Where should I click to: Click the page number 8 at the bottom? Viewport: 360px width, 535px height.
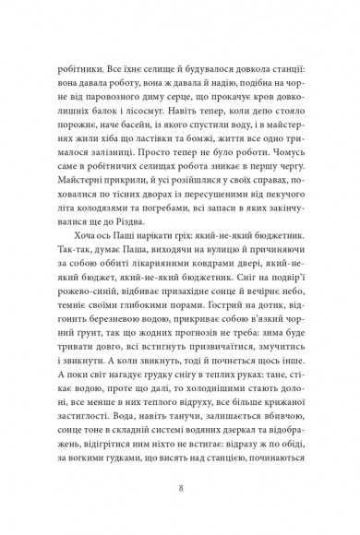coord(180,480)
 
